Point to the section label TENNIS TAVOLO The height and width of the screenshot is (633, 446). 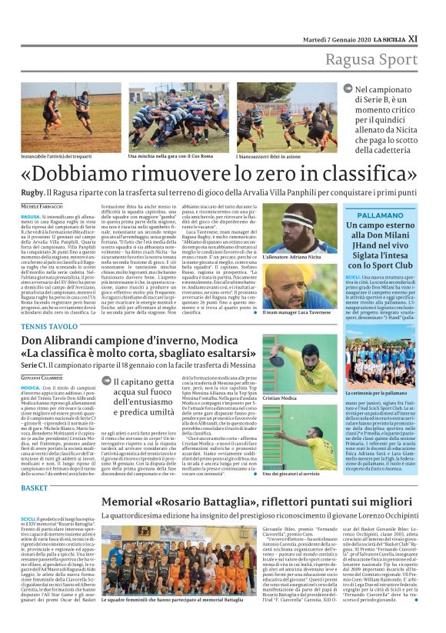(x=49, y=326)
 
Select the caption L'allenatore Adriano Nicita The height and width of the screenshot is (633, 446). (x=290, y=257)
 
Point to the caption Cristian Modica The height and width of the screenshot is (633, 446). (x=279, y=398)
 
